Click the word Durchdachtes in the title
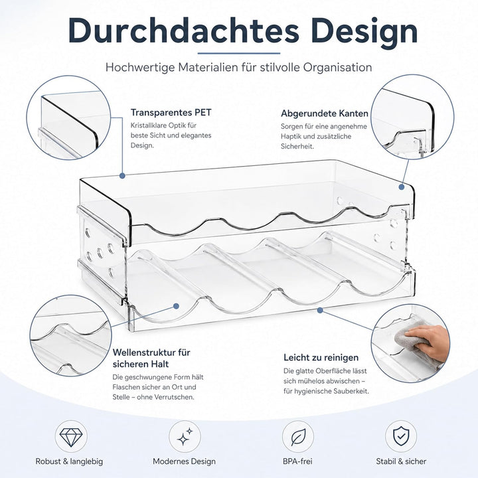click(x=183, y=31)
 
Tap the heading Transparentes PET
click(x=171, y=112)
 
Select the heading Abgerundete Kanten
click(x=325, y=114)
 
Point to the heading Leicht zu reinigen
click(x=321, y=357)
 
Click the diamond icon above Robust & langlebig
click(x=71, y=437)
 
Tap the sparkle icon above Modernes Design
click(x=185, y=436)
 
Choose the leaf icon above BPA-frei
click(x=298, y=437)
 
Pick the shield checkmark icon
click(x=401, y=436)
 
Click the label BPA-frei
click(x=297, y=461)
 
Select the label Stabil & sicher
click(x=401, y=461)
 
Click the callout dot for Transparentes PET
click(x=122, y=175)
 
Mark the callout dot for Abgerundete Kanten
click(x=402, y=187)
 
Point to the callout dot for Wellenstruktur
click(x=176, y=306)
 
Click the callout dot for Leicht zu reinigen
click(x=320, y=310)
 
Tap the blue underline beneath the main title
click(x=239, y=53)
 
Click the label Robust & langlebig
click(x=69, y=461)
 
